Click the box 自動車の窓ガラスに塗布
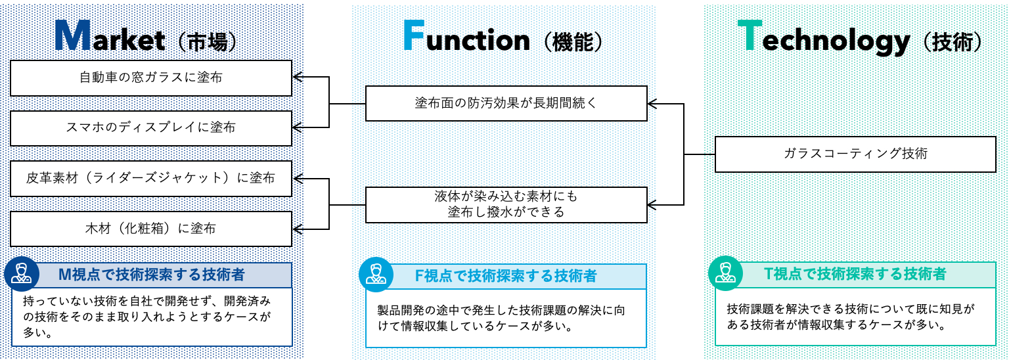(151, 78)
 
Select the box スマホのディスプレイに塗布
(151, 128)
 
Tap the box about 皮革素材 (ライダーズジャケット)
(151, 179)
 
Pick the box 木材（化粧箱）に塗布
(151, 229)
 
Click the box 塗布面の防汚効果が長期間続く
(506, 104)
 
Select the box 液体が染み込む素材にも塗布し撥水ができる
(506, 205)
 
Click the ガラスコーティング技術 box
(855, 154)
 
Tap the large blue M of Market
(73, 36)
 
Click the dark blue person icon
(22, 274)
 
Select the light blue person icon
(376, 275)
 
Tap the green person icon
(726, 273)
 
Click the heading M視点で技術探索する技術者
(152, 275)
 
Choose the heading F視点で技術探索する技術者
(506, 276)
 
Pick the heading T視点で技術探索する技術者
(855, 273)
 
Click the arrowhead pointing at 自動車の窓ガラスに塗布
(298, 77)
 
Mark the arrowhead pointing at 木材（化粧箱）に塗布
(298, 229)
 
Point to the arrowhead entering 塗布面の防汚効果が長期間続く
(653, 104)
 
